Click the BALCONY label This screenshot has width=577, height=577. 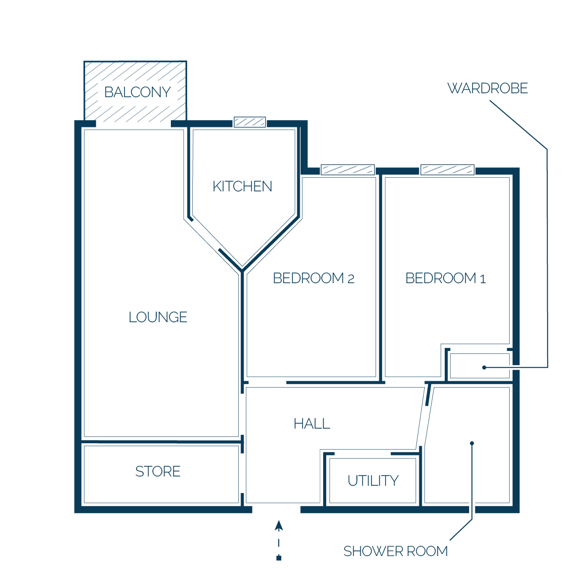(137, 92)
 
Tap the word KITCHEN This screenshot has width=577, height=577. (242, 186)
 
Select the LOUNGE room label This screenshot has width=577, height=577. (158, 317)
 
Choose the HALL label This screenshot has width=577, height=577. (311, 424)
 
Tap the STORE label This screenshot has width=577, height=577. (158, 471)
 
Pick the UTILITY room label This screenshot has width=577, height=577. (373, 480)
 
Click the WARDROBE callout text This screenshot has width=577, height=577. (488, 88)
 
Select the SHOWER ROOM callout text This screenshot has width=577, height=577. (395, 551)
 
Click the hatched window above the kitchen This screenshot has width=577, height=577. (250, 122)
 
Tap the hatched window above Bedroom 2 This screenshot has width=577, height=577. (348, 170)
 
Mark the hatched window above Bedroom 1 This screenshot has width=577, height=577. (448, 170)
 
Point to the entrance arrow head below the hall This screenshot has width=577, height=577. (279, 525)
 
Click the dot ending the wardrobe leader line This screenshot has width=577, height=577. (484, 367)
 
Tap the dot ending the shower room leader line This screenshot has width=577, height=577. (472, 443)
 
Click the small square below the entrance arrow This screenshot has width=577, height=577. (279, 558)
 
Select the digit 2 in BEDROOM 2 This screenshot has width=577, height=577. (350, 279)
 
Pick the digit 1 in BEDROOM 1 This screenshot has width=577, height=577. (483, 279)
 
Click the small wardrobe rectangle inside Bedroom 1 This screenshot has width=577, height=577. (480, 366)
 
